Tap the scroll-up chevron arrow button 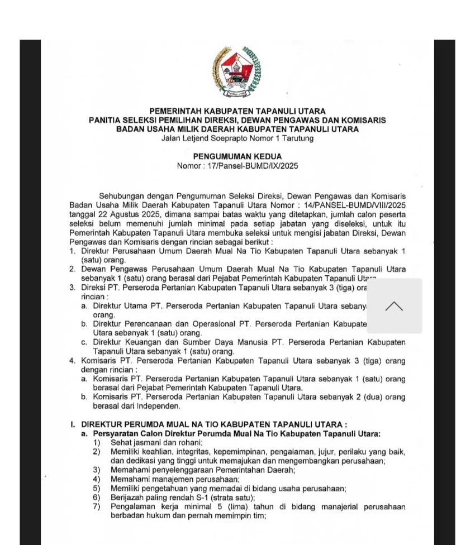[x=394, y=306]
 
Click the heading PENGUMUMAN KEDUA [x=237, y=157]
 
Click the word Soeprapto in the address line [x=223, y=138]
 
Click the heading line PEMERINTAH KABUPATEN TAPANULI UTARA [x=237, y=111]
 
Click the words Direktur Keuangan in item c [x=127, y=342]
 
